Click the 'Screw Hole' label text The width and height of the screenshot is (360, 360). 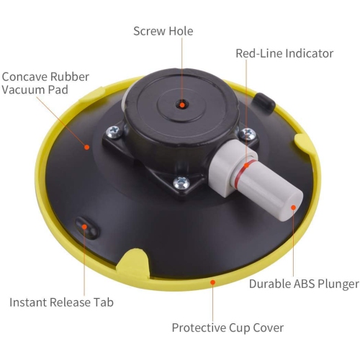point(163,31)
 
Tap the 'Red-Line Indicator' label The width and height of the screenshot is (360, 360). point(284,53)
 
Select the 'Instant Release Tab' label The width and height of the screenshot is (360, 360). point(61,302)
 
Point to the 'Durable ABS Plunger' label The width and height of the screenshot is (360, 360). point(303,284)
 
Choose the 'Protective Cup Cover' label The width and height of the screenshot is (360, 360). point(228,328)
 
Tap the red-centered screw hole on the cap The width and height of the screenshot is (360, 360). point(183,105)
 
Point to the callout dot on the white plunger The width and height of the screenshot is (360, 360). point(294,207)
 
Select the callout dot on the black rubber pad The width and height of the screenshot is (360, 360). point(86,147)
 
